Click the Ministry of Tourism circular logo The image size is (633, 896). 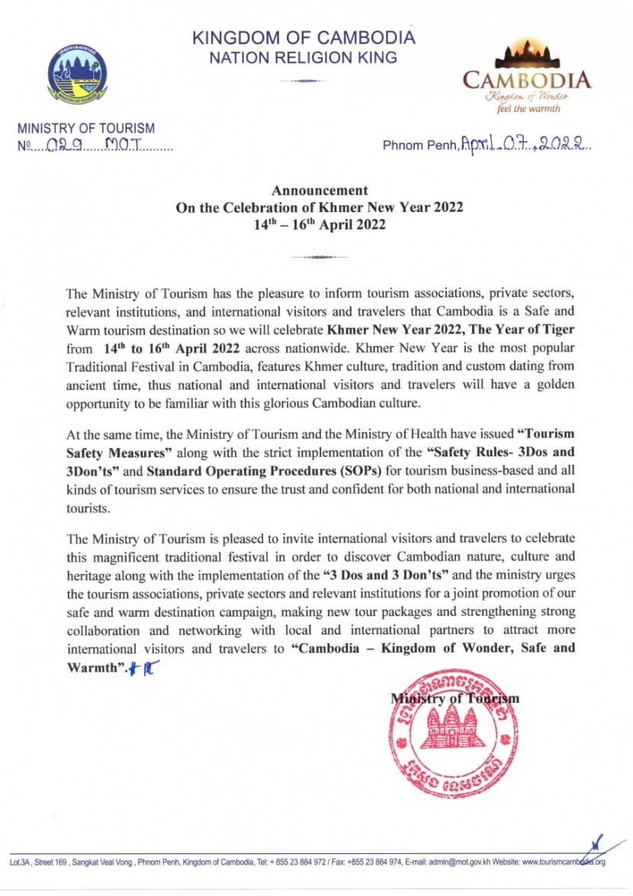click(x=77, y=74)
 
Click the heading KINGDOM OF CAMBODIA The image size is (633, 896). click(x=304, y=37)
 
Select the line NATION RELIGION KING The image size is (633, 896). click(x=303, y=57)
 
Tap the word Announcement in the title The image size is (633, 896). click(x=320, y=191)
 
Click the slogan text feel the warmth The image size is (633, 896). click(x=529, y=108)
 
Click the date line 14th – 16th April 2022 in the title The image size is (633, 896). click(x=320, y=224)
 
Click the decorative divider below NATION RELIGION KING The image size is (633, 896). click(x=304, y=80)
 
